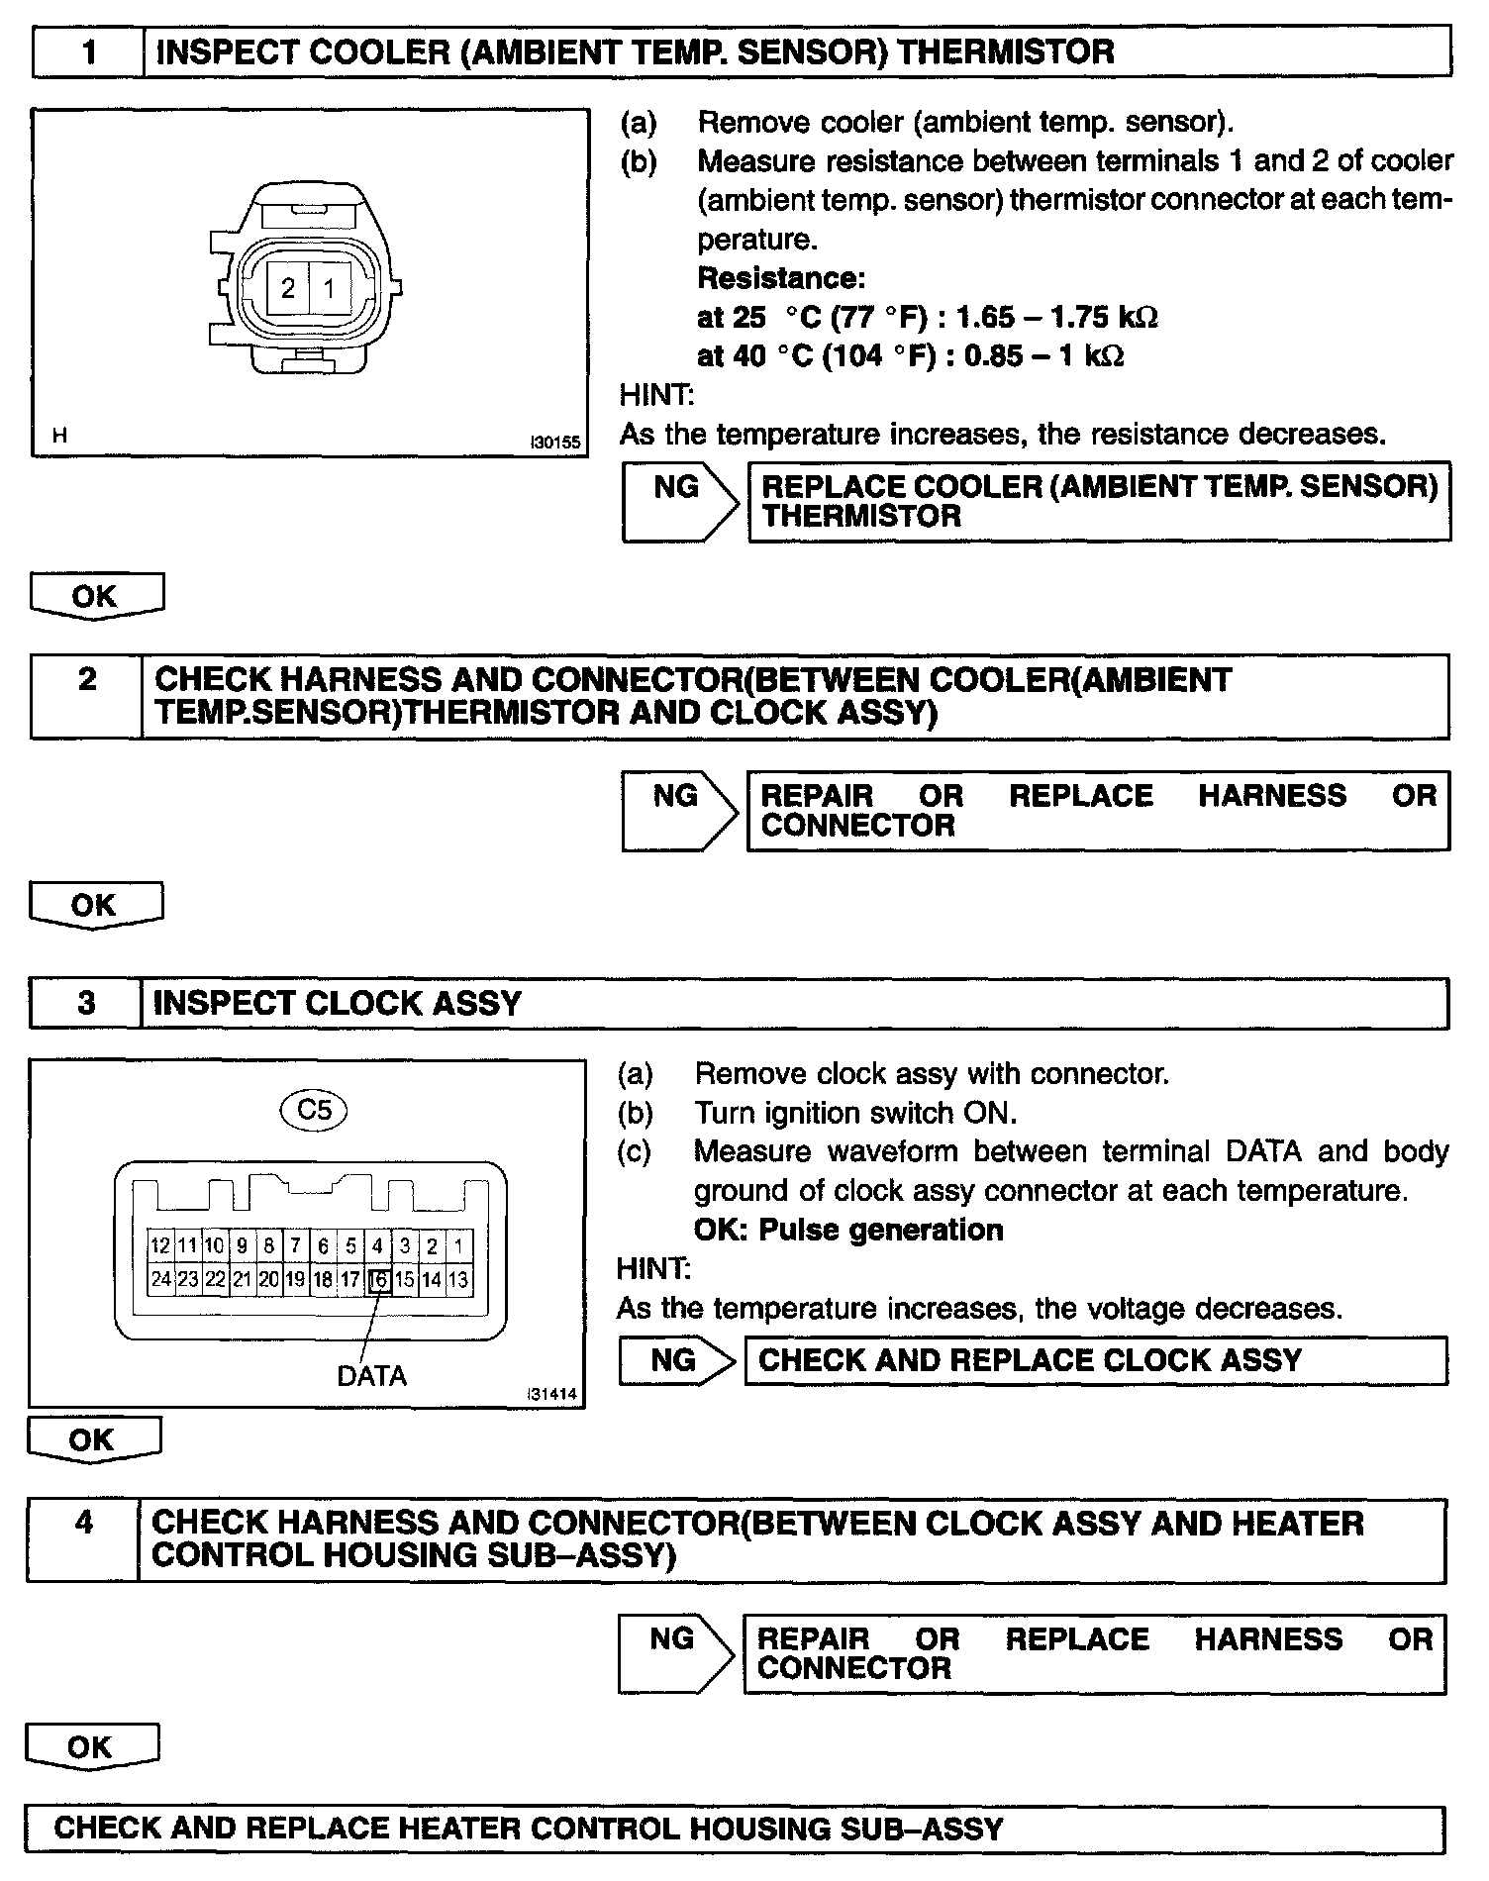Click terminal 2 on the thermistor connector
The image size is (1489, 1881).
(x=288, y=288)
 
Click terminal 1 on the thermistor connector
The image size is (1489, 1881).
(x=330, y=288)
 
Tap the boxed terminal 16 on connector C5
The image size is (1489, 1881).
(x=377, y=1280)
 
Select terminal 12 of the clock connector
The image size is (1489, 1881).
(x=160, y=1246)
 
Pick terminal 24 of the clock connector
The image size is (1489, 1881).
(x=160, y=1280)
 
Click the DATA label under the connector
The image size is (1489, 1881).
(x=371, y=1376)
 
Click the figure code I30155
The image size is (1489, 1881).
(x=554, y=443)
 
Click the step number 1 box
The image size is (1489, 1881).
(x=89, y=51)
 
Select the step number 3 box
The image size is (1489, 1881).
(x=86, y=1004)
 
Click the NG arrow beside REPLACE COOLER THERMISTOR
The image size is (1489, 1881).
(x=679, y=501)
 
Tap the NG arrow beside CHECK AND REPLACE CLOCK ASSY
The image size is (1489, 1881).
(x=675, y=1360)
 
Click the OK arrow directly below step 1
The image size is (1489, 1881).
(x=96, y=597)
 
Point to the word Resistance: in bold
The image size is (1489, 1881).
(x=781, y=278)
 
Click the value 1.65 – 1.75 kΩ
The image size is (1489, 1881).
(x=1056, y=317)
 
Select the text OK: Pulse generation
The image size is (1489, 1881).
(x=848, y=1230)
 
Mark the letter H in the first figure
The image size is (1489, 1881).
(x=60, y=435)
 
